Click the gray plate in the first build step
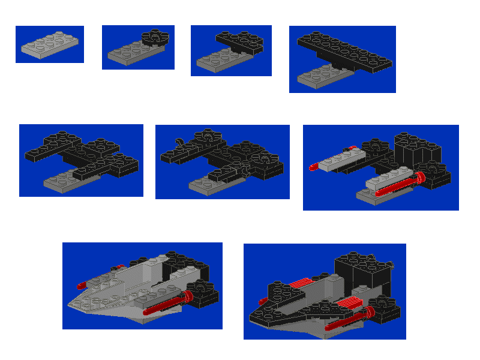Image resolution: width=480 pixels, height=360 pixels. [49, 46]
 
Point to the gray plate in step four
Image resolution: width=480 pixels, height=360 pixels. [321, 76]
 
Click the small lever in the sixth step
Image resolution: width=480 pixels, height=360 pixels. [178, 142]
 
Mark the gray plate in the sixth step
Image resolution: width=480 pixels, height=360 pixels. [210, 184]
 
